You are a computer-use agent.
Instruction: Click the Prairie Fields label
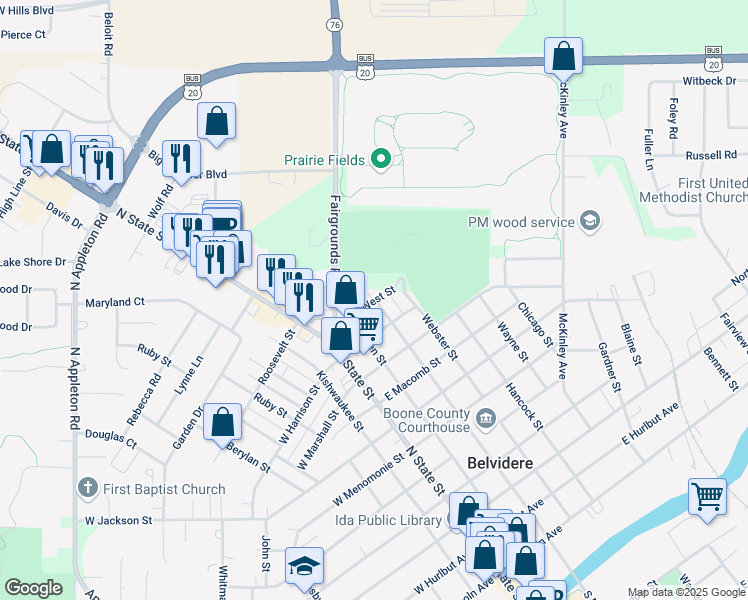[324, 159]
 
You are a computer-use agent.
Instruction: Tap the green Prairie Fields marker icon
[380, 159]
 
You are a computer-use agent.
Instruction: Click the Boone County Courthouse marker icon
[485, 417]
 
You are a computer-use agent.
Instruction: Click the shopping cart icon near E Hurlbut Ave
[707, 496]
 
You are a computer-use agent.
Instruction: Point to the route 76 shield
[335, 24]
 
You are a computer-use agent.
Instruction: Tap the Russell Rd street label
[711, 155]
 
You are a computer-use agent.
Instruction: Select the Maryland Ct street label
[115, 301]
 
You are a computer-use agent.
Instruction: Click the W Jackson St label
[118, 520]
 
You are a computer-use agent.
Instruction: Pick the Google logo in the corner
[33, 588]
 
